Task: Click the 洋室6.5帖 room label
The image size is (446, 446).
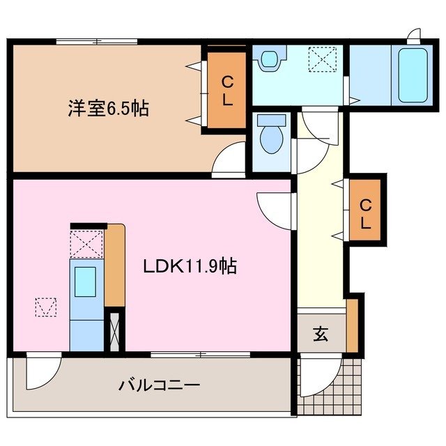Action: point(108,109)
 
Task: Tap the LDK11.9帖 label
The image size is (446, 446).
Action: point(190,266)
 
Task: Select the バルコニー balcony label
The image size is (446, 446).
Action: point(160,384)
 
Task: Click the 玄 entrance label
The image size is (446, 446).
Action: point(320,334)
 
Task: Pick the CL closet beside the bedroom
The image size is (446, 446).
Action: point(226,91)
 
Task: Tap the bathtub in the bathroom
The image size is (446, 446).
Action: point(410,75)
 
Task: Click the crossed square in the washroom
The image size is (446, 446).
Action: point(323,59)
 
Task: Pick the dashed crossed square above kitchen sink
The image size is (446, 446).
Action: point(86,244)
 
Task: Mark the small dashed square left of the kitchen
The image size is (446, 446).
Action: point(46,307)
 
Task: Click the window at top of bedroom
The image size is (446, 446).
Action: point(97,42)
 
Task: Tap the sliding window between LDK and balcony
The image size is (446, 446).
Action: point(201,355)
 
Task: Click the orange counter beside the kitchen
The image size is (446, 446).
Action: point(114,265)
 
